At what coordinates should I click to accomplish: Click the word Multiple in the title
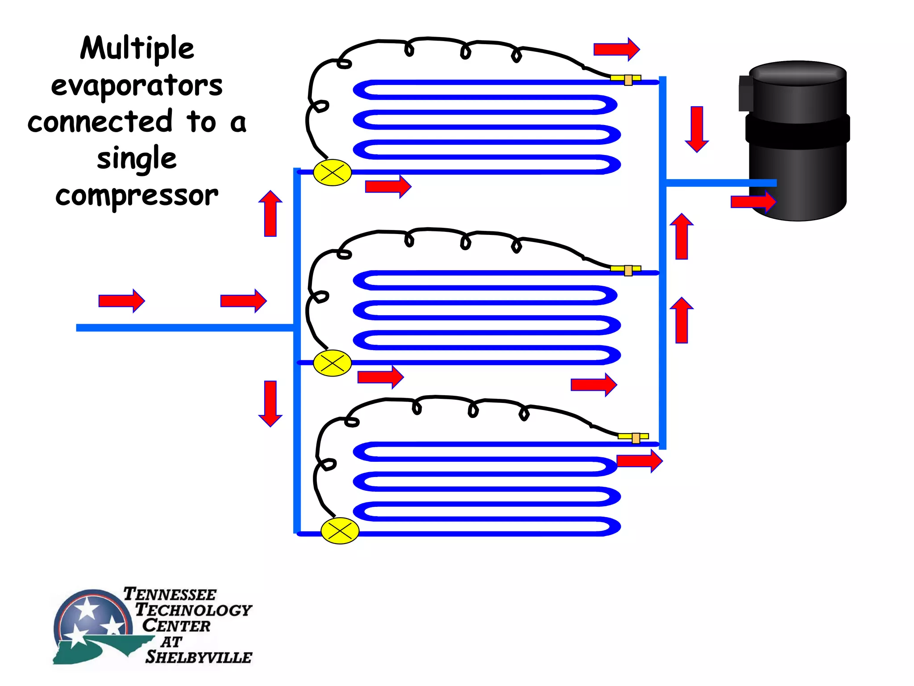[137, 48]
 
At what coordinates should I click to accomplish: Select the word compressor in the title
[137, 195]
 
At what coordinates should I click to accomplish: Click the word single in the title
[137, 159]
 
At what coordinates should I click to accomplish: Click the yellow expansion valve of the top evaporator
[332, 172]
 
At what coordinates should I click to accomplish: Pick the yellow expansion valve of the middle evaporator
[332, 363]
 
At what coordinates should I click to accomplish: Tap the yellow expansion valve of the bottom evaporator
[340, 531]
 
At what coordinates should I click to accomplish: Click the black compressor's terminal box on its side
[745, 93]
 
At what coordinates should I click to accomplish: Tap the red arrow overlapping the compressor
[753, 202]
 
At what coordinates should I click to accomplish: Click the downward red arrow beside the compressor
[697, 129]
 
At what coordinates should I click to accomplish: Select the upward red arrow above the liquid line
[270, 213]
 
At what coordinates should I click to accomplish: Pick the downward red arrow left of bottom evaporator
[270, 403]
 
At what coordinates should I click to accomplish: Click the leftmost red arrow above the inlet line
[121, 301]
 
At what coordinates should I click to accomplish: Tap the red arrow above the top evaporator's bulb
[616, 49]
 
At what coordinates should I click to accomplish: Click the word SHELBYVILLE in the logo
[199, 657]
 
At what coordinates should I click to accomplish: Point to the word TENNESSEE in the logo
[170, 594]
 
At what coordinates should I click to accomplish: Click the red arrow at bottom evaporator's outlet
[639, 461]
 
